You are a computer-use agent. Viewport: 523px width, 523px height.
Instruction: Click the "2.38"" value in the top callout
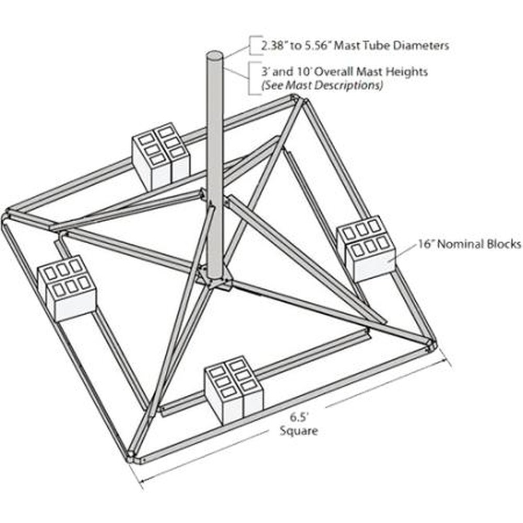pyautogui.click(x=275, y=46)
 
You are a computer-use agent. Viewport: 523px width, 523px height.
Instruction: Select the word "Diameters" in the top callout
pyautogui.click(x=419, y=46)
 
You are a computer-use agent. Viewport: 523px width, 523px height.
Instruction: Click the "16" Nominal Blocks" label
pyautogui.click(x=470, y=244)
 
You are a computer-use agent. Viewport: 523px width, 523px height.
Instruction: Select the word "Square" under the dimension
pyautogui.click(x=299, y=431)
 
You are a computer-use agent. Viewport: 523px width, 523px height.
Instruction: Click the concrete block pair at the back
pyautogui.click(x=161, y=155)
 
